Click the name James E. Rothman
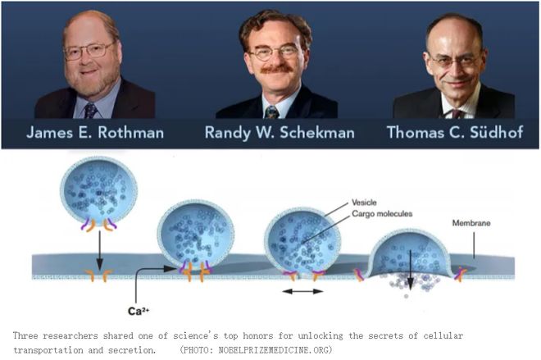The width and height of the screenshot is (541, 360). pos(95,133)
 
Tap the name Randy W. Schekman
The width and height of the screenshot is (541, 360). pos(280,133)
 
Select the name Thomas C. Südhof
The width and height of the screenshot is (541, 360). pos(455,133)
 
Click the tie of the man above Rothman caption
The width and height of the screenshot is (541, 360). pos(90,111)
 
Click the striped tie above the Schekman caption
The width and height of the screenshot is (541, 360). pos(271,112)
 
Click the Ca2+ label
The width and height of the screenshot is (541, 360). pos(139,311)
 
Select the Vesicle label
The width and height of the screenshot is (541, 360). pos(364,203)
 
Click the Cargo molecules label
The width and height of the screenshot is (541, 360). pos(382,214)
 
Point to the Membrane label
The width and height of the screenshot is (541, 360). pos(471,223)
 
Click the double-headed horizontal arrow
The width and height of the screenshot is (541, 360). pos(302,292)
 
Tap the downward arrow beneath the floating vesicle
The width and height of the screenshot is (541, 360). pos(99,251)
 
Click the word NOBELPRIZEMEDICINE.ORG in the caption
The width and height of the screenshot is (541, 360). pos(274,350)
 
